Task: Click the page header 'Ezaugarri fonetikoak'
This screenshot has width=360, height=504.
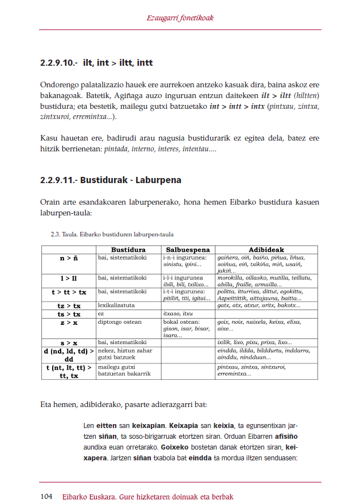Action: point(180,18)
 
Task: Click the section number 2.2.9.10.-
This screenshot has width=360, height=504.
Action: point(58,63)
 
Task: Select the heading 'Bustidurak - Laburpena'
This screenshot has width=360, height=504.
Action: point(131,180)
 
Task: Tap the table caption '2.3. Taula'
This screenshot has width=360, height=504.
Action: point(64,234)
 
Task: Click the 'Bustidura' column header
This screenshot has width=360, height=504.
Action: point(128,249)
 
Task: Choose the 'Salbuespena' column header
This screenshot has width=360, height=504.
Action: point(188,249)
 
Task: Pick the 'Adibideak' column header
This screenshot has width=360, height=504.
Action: point(266,249)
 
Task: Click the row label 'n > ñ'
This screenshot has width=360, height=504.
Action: point(69,258)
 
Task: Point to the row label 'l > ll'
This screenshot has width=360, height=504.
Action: point(69,278)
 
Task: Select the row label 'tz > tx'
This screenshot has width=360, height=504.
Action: point(69,306)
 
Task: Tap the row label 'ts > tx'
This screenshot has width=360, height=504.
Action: point(69,314)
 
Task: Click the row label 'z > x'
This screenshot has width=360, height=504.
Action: point(69,322)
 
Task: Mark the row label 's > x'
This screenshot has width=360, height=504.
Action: point(69,343)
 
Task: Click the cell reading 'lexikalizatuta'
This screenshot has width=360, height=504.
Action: point(116,306)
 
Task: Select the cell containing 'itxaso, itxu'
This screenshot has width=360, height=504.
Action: point(178,314)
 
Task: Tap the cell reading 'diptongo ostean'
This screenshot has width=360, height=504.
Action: point(120,322)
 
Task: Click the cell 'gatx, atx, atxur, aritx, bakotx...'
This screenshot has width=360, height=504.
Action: point(259,306)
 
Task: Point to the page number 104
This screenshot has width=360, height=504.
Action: point(47,497)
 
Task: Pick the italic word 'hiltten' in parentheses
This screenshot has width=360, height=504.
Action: point(306,95)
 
